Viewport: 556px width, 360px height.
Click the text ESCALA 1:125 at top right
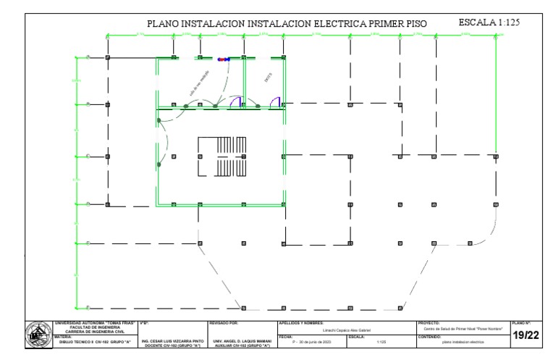click(x=490, y=24)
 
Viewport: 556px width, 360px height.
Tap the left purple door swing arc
click(x=235, y=101)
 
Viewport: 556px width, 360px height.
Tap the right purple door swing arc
click(x=276, y=101)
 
